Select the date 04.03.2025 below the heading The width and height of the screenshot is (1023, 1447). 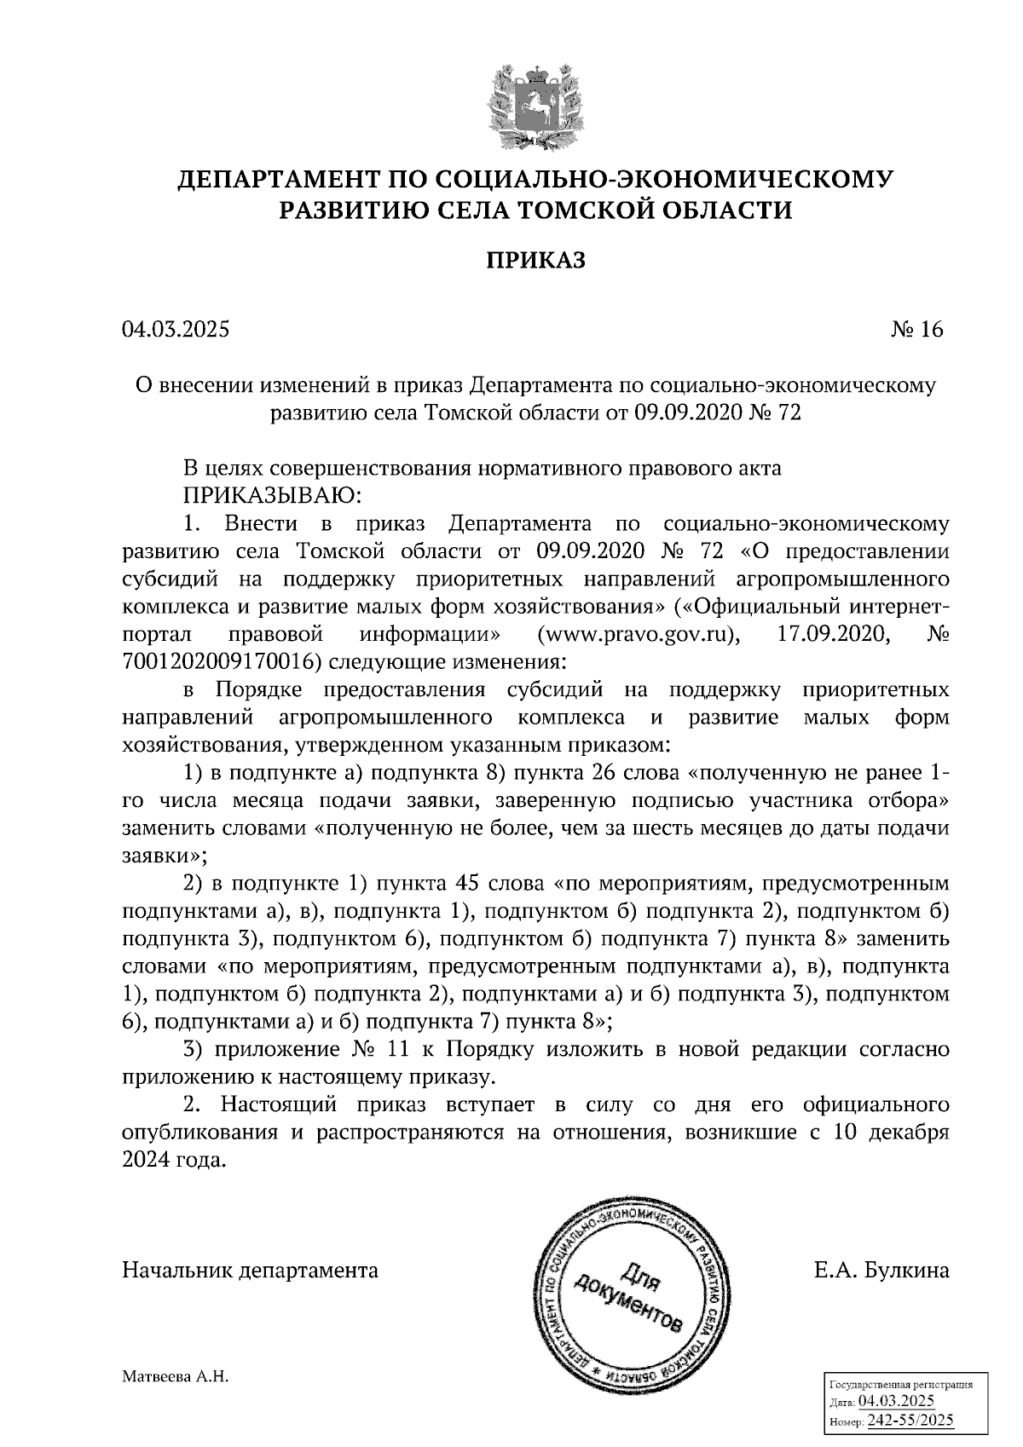176,330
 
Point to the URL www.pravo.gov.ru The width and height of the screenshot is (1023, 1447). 638,635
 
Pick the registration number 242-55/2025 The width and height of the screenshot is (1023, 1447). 910,1421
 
